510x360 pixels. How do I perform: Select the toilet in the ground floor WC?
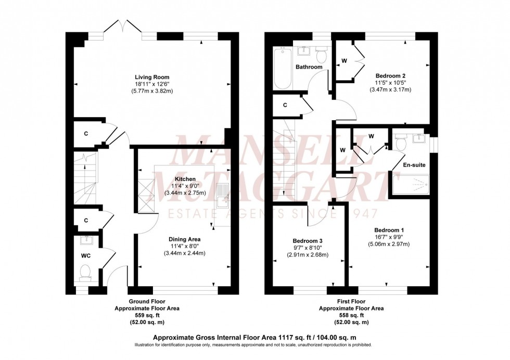(x=86, y=271)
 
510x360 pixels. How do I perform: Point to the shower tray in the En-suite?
(x=411, y=184)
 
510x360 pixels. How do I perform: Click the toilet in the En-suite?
(x=400, y=142)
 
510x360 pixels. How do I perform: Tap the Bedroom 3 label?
(x=307, y=241)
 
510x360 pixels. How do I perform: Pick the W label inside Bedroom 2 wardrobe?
(x=344, y=61)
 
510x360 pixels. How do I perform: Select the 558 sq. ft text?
(x=351, y=315)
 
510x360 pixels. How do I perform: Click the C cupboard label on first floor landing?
(x=285, y=106)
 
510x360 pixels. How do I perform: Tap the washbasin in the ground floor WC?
(x=86, y=241)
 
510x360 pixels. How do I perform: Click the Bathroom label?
(x=309, y=67)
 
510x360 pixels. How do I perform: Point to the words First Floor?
(x=351, y=301)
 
